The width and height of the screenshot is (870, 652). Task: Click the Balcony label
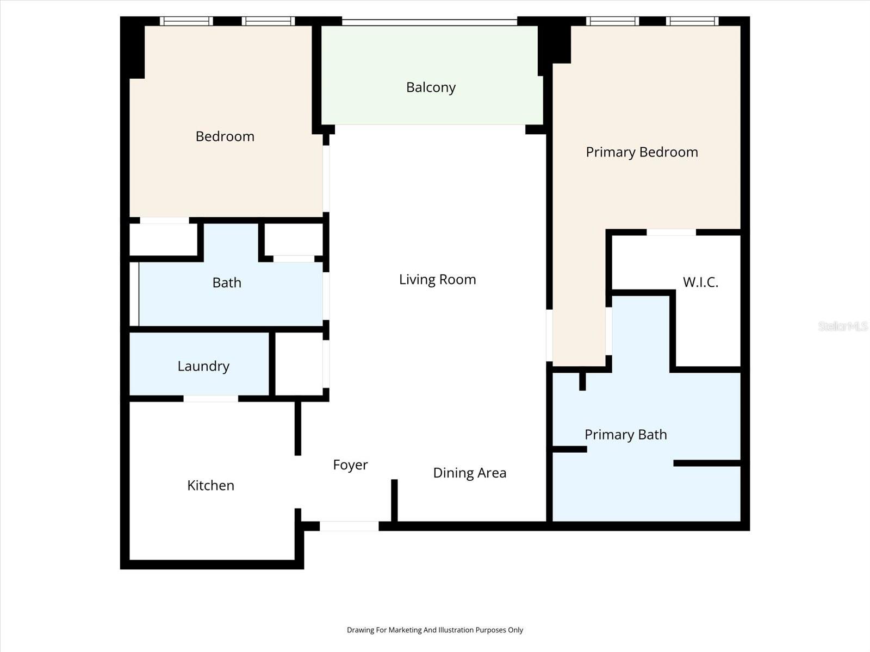click(431, 87)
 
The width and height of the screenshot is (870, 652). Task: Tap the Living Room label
click(437, 279)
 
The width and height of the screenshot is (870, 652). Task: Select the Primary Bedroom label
click(642, 152)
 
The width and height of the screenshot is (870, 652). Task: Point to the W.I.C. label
click(700, 282)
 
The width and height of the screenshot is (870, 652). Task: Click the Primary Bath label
click(625, 435)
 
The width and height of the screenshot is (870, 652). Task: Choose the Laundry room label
click(203, 366)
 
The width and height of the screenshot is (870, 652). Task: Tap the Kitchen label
click(210, 485)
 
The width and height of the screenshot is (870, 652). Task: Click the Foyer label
click(350, 465)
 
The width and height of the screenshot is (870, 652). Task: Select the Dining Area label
click(469, 473)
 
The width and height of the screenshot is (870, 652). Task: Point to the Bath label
click(227, 283)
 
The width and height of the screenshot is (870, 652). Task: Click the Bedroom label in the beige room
click(225, 136)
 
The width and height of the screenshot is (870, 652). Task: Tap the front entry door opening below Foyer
click(349, 526)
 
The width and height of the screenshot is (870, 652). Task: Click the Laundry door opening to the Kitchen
click(210, 399)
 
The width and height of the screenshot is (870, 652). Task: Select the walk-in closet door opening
click(671, 233)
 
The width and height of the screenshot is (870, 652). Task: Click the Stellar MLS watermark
click(842, 326)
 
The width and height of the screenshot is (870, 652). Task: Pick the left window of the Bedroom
click(186, 21)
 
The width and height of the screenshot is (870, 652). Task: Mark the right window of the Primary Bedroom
click(692, 21)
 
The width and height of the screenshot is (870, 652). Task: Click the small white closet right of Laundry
click(299, 364)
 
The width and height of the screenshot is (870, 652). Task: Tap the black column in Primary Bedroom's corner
click(555, 43)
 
